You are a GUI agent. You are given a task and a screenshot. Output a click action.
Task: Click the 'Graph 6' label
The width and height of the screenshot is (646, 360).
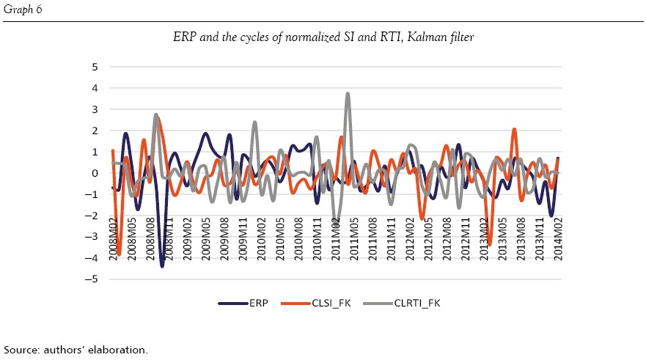pyautogui.click(x=23, y=9)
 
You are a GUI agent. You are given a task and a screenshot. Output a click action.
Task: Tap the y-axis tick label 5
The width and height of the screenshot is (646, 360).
pyautogui.click(x=95, y=67)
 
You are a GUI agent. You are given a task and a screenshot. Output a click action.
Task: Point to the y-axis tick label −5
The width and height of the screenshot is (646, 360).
pyautogui.click(x=93, y=279)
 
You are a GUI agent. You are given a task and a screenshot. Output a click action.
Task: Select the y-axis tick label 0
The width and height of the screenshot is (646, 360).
pyautogui.click(x=95, y=173)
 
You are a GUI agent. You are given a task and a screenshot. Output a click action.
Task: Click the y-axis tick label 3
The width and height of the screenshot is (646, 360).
pyautogui.click(x=95, y=109)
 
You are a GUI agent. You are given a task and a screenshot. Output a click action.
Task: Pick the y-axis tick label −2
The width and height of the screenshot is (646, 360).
pyautogui.click(x=93, y=216)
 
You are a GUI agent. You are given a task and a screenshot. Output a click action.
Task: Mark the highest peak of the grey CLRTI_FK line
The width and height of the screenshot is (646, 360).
pyautogui.click(x=348, y=94)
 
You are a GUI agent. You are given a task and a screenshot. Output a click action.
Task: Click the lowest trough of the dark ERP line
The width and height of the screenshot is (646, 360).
pyautogui.click(x=162, y=265)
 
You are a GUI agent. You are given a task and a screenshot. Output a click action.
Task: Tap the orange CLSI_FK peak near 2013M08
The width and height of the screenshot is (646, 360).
pyautogui.click(x=514, y=130)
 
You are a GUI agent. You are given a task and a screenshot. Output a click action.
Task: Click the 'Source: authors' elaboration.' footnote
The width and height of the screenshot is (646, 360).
pyautogui.click(x=76, y=349)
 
